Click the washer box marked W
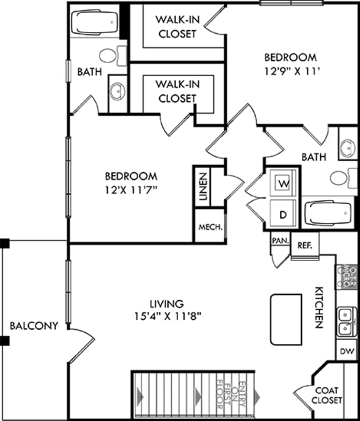(x=283, y=184)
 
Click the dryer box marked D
(x=283, y=214)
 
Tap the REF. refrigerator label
(x=305, y=245)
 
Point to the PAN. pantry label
(x=279, y=240)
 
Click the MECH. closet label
(x=210, y=227)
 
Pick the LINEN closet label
(x=203, y=186)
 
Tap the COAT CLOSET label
(x=327, y=395)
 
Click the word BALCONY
(x=34, y=325)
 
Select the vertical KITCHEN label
(x=318, y=307)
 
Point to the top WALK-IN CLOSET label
(x=176, y=26)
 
